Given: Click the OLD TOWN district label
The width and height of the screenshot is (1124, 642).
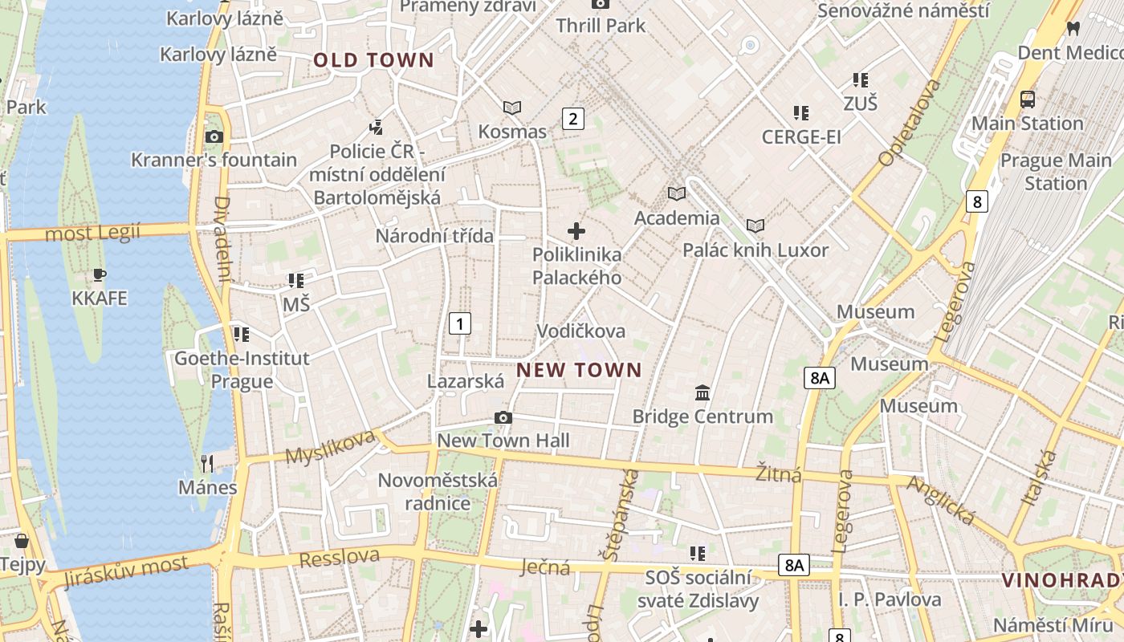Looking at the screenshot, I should pos(373,60).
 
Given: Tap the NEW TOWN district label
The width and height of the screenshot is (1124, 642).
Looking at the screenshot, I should pos(579,370).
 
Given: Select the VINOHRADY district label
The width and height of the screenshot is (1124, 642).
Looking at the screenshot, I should pos(1062,579).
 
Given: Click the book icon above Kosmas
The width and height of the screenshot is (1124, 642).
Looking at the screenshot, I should pos(512,108).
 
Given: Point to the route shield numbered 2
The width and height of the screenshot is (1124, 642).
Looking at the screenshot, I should pos(572,119).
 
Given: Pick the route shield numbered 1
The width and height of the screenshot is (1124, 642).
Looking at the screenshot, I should pos(459,323).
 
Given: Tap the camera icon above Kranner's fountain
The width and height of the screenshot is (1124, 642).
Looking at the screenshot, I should pos(214,136).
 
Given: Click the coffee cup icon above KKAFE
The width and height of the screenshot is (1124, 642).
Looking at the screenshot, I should pos(100,274).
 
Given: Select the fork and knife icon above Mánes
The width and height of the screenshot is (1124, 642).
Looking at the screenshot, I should pos(207,463).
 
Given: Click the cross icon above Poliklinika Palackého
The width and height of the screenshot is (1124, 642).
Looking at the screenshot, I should pos(576,232).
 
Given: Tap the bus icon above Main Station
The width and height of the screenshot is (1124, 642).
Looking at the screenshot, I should pos(1028,100).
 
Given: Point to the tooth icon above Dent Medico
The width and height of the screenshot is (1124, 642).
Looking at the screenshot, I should pos(1072,28).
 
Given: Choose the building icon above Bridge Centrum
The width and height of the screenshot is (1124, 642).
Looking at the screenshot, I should pos(702,392).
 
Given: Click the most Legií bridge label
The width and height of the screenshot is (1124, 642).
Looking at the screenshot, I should pos(92,234).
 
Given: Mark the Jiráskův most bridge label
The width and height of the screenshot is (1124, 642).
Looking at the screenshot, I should pos(126,571).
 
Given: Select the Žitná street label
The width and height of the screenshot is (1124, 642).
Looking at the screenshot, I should pos(779,474).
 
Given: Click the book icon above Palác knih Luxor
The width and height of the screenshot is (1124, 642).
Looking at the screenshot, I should pos(755,226).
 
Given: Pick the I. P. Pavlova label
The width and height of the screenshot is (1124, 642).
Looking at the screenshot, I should pos(890,599).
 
